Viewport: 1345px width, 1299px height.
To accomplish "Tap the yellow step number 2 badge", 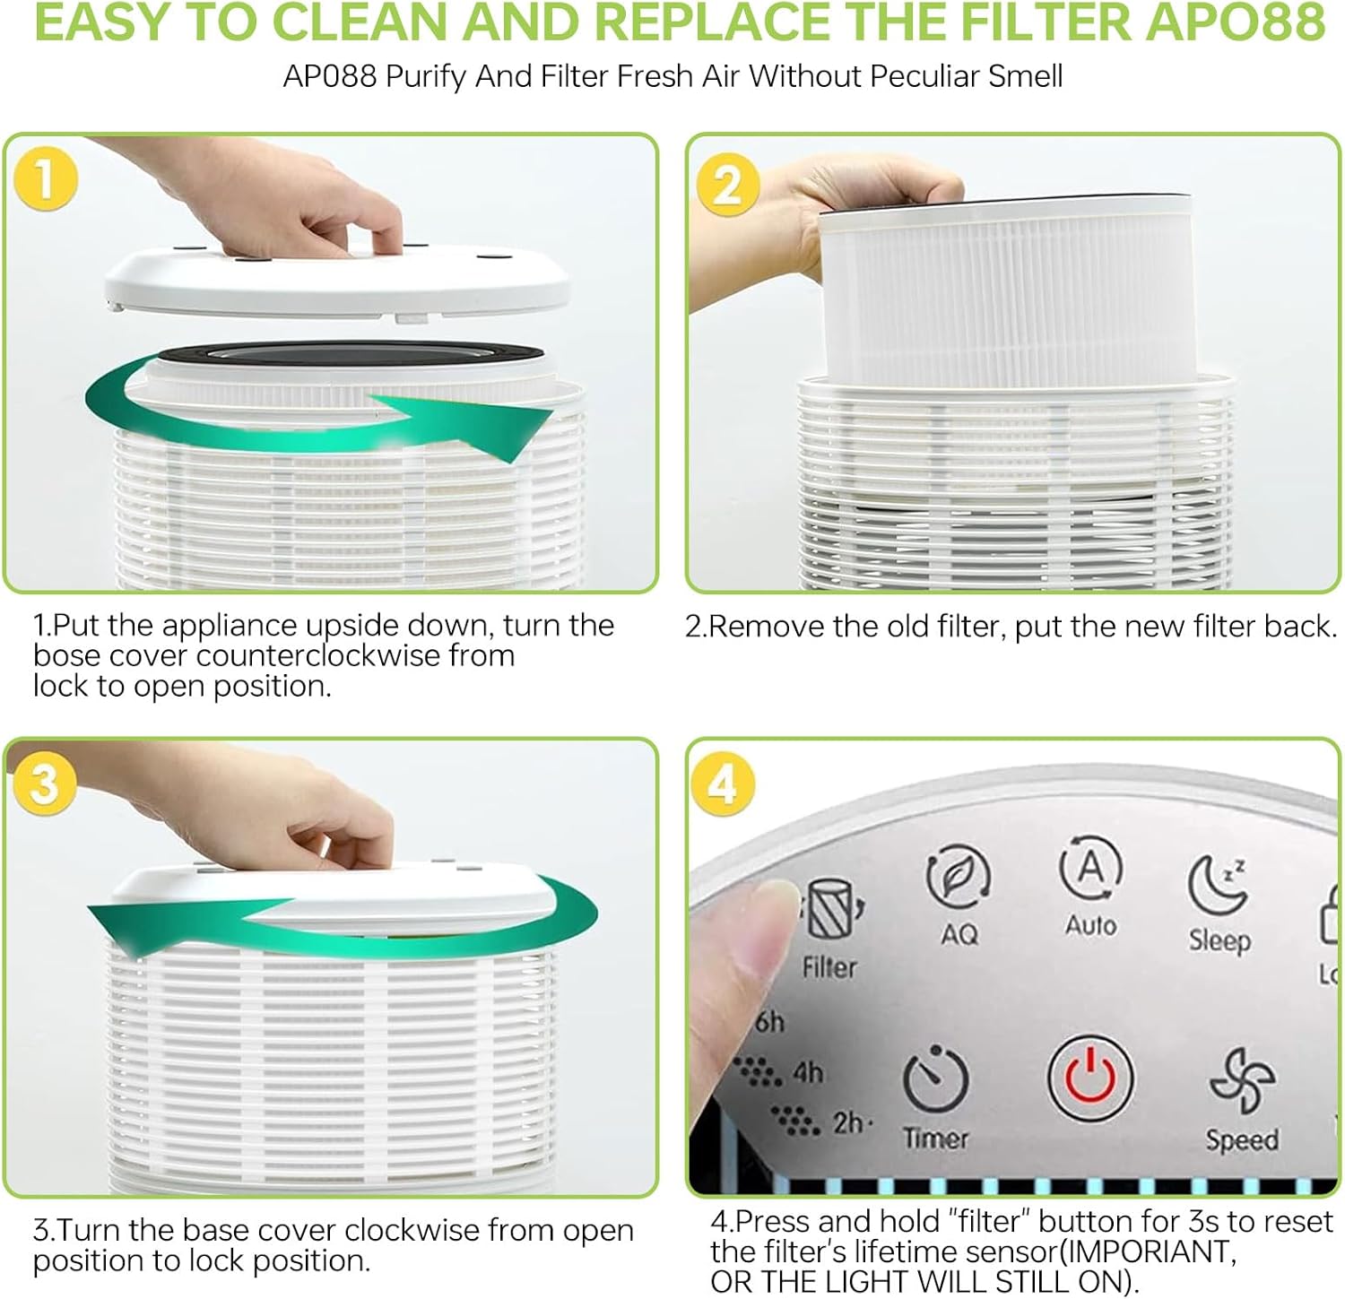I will (x=726, y=184).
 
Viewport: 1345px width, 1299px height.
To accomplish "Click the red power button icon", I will (x=1089, y=1078).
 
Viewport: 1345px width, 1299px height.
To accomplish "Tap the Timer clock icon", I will (x=935, y=1080).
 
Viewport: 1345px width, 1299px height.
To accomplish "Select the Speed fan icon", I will (x=1242, y=1079).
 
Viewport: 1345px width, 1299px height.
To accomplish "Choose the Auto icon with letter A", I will (x=1089, y=868).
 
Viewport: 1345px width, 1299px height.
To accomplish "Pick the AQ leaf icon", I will (x=957, y=876).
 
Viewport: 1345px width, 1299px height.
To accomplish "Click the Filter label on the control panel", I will (x=829, y=967).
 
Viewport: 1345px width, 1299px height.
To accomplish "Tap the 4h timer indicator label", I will (x=806, y=1072).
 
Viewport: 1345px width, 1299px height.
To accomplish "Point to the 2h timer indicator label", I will (x=847, y=1122).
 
